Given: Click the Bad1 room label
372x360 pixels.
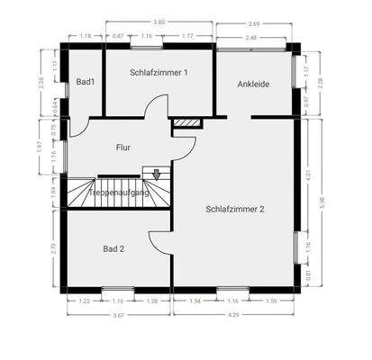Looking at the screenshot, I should [x=86, y=82].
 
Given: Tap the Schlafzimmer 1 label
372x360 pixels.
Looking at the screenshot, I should [x=159, y=72].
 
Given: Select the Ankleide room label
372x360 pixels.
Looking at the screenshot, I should [x=253, y=84].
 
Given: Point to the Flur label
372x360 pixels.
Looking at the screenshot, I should [x=124, y=147].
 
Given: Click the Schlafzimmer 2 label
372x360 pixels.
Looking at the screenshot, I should [x=235, y=209].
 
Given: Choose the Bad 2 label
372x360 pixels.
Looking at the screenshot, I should [x=113, y=248].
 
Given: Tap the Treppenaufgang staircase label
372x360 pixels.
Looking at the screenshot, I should [x=118, y=192].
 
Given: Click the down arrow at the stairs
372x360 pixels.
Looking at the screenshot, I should [x=157, y=175].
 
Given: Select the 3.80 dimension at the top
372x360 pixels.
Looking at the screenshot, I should [x=159, y=21].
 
